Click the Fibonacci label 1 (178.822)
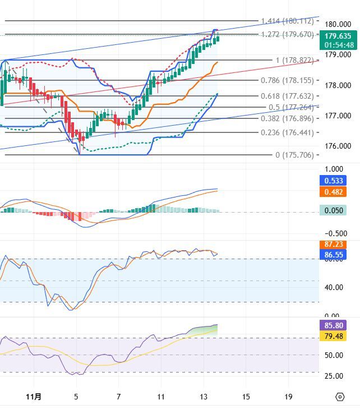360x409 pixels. [x=294, y=60]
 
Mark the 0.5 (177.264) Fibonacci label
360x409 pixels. [x=290, y=107]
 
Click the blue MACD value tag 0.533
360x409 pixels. [x=335, y=181]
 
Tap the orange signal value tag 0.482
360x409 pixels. [x=335, y=191]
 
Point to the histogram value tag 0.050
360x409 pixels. [x=335, y=210]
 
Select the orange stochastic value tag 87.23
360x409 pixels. [x=335, y=245]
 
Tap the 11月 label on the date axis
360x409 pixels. [x=34, y=397]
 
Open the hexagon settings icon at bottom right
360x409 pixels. [x=340, y=397]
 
